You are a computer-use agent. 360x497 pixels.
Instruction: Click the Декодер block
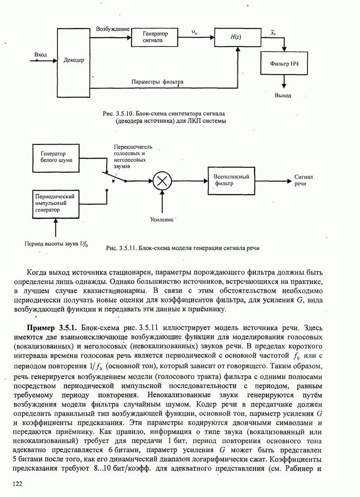click(x=74, y=60)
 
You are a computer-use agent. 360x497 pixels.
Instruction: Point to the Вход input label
click(x=41, y=55)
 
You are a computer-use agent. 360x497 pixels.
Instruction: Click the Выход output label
click(x=283, y=95)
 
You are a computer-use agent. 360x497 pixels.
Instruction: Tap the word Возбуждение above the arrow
click(x=113, y=29)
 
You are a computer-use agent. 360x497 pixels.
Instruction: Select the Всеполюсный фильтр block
click(x=232, y=180)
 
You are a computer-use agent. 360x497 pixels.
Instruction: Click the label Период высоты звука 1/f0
click(x=56, y=244)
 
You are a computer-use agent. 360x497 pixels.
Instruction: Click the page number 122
click(x=17, y=484)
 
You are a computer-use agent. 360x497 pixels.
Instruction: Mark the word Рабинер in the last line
click(x=294, y=468)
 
